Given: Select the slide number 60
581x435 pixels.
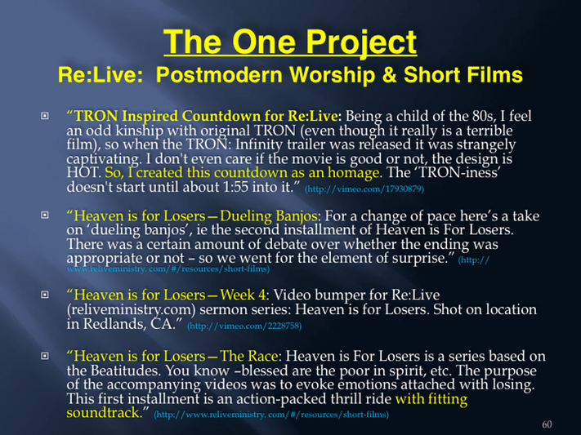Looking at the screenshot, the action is coord(547,424).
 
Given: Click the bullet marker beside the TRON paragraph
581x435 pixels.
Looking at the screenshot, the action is coord(44,116).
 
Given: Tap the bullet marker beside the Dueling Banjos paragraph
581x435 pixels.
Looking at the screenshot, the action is coord(44,215).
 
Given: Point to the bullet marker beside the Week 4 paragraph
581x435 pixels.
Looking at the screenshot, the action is coord(44,295).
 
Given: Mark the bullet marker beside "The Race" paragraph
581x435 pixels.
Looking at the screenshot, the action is coord(44,356).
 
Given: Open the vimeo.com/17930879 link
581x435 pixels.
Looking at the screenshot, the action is coord(364,189).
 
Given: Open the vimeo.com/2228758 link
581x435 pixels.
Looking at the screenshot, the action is coord(244,326).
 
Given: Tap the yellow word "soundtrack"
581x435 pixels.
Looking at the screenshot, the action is coord(103,413).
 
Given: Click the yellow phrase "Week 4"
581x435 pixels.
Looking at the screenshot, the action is coord(243,295).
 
